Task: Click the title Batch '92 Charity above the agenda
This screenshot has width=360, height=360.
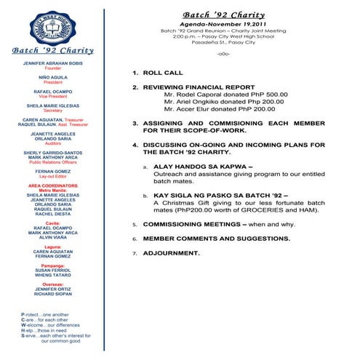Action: tap(233, 14)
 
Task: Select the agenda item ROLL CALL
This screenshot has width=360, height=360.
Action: tap(163, 73)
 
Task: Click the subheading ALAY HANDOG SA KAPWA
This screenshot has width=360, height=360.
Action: tap(197, 167)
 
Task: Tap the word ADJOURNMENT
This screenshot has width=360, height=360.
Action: tap(170, 252)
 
